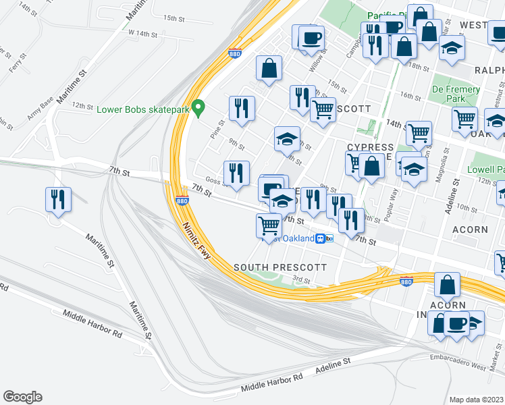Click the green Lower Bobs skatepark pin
[x=198, y=107]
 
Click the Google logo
[x=22, y=397]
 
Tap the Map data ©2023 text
[x=476, y=399]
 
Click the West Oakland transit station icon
[x=326, y=239]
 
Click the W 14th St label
[x=142, y=32]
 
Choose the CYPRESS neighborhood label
[x=370, y=147]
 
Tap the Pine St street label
[x=221, y=126]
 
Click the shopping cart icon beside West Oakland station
[x=269, y=225]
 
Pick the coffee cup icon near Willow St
[x=311, y=38]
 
